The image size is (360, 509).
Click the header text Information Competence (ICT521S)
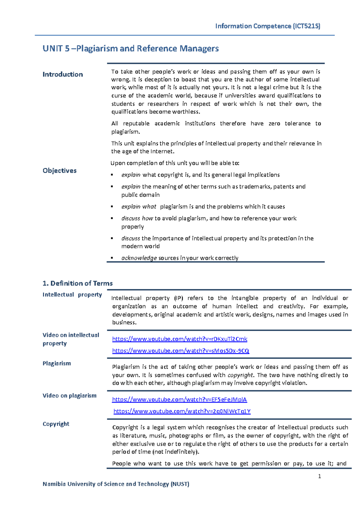pyautogui.click(x=268, y=26)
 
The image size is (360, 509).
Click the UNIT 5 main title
pyautogui.click(x=130, y=49)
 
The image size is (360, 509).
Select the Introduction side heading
pyautogui.click(x=63, y=74)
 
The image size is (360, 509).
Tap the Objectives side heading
pyautogui.click(x=59, y=170)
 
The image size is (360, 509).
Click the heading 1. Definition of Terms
pyautogui.click(x=77, y=283)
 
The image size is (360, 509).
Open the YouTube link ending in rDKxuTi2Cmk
pyautogui.click(x=180, y=339)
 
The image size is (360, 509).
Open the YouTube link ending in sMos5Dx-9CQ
pyautogui.click(x=181, y=351)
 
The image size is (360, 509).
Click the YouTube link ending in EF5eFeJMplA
pyautogui.click(x=179, y=399)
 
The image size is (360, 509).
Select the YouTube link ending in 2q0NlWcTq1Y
pyautogui.click(x=182, y=411)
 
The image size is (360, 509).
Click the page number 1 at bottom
pyautogui.click(x=319, y=476)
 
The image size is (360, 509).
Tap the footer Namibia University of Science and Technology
pyautogui.click(x=116, y=484)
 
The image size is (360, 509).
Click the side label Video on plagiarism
pyautogui.click(x=69, y=396)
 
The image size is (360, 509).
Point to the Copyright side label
pyautogui.click(x=56, y=424)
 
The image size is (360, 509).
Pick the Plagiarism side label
pyautogui.click(x=57, y=363)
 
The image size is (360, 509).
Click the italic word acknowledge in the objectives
pyautogui.click(x=139, y=258)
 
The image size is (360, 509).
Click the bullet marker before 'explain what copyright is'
pyautogui.click(x=112, y=175)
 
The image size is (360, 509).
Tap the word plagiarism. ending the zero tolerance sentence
pyautogui.click(x=125, y=131)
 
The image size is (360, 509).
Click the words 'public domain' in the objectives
pyautogui.click(x=140, y=195)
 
